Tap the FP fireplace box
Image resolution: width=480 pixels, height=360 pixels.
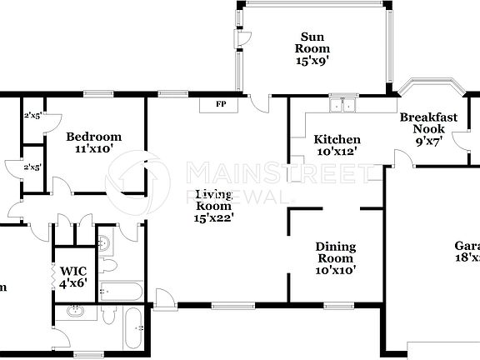click(221, 105)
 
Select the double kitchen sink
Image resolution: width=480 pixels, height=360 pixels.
click(342, 106)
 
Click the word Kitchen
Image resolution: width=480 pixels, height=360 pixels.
click(337, 140)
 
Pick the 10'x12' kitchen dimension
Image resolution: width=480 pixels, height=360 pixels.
click(337, 152)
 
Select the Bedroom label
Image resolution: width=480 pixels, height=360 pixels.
click(94, 137)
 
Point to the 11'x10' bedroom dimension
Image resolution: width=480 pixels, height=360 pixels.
click(94, 149)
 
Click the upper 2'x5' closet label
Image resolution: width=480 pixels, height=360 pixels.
click(33, 114)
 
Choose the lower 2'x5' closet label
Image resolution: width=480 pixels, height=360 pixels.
click(33, 167)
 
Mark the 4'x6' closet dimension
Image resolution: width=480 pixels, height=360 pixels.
click(72, 283)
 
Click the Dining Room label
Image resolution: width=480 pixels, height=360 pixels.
click(336, 252)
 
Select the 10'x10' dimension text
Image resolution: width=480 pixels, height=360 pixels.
click(336, 270)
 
